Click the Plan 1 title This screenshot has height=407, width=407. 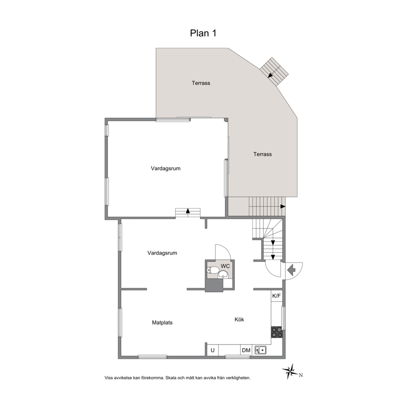(x=203, y=33)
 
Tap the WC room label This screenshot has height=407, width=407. (x=225, y=266)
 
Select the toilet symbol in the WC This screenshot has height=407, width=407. (x=213, y=270)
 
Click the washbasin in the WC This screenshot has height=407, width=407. (x=223, y=274)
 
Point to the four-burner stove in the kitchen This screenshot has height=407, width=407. (x=277, y=332)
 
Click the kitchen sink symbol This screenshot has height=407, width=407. (x=261, y=350)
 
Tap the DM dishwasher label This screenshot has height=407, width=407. (x=246, y=350)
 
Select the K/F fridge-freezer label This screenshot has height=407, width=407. (x=277, y=296)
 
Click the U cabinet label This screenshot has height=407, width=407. (x=213, y=350)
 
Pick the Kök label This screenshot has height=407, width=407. (x=239, y=320)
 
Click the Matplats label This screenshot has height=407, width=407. (x=162, y=322)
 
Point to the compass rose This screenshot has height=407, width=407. (x=290, y=371)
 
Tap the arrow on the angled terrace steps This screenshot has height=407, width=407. (x=270, y=75)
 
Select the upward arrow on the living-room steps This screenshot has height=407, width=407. (x=187, y=211)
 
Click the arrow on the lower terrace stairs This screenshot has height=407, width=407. (x=283, y=207)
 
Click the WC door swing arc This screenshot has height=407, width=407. (x=226, y=249)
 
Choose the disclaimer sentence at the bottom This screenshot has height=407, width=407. (x=178, y=378)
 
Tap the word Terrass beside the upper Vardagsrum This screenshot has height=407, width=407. (x=263, y=154)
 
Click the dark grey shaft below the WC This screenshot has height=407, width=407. (x=214, y=285)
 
